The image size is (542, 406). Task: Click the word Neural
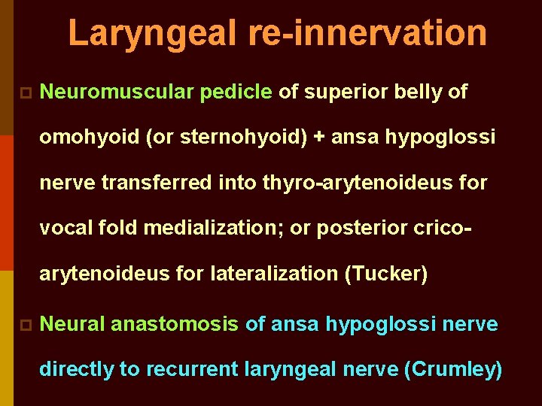tap(72, 324)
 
